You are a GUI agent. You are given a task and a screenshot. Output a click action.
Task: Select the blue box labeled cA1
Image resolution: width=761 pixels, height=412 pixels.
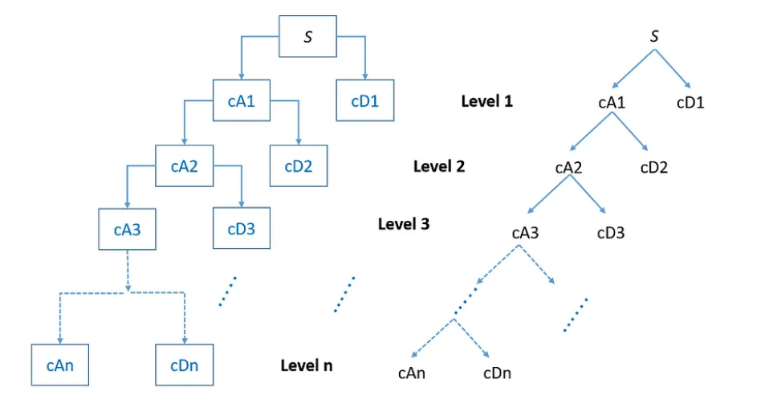(x=242, y=101)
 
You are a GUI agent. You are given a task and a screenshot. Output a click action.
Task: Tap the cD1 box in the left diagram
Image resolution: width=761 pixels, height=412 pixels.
(x=365, y=101)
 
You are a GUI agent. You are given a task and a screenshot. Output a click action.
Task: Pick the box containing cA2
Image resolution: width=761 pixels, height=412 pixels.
(x=185, y=166)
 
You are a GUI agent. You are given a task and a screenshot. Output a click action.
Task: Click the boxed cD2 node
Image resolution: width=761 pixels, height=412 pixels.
(x=299, y=166)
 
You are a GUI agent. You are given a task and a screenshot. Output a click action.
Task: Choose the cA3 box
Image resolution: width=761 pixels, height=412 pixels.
(x=127, y=229)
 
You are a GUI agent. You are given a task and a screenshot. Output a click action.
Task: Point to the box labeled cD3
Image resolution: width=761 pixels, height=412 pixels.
(x=241, y=229)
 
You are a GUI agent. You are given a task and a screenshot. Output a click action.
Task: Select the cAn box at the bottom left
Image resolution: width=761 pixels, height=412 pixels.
(x=61, y=365)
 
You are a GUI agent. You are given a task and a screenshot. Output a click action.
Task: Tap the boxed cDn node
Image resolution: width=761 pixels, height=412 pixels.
(x=184, y=365)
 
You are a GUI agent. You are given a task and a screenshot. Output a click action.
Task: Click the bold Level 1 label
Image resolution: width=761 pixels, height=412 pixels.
(x=486, y=101)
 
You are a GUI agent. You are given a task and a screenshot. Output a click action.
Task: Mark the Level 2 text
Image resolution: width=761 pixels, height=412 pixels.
(x=439, y=166)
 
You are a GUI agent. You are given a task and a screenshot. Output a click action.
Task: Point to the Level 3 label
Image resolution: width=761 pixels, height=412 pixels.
(x=404, y=223)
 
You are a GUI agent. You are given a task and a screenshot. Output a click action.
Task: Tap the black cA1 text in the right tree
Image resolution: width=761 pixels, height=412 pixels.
(x=612, y=103)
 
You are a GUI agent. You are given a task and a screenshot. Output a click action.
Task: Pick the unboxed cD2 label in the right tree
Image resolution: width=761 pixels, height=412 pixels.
(x=654, y=168)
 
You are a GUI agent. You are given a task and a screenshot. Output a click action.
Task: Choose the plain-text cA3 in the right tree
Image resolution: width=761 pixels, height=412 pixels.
(x=525, y=234)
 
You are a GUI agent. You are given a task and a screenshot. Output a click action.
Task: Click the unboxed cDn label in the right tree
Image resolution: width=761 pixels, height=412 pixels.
(x=497, y=373)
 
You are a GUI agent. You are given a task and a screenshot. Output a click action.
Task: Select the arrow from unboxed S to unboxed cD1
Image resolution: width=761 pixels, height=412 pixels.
(x=673, y=68)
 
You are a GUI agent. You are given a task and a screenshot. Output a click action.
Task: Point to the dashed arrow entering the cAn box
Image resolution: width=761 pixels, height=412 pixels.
(x=60, y=321)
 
